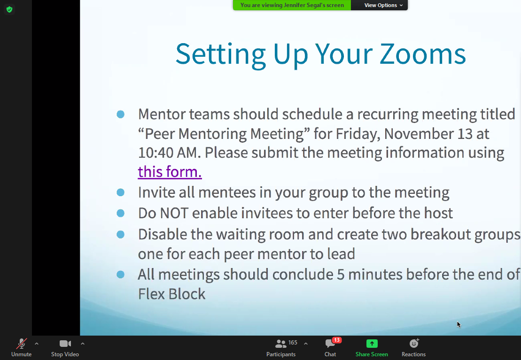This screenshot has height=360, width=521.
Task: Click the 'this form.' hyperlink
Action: coord(170,172)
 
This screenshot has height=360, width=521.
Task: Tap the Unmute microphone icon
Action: coord(22,344)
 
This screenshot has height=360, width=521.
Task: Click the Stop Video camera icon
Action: coord(65,344)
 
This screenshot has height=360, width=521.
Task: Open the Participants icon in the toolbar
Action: coord(281,344)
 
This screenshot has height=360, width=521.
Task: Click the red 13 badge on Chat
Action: coord(337,340)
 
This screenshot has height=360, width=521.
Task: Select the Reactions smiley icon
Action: coord(414,344)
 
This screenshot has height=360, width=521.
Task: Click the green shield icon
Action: coord(9,10)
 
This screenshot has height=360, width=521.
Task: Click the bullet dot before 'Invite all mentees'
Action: coord(121,192)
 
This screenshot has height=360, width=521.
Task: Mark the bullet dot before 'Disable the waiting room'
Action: coord(121,235)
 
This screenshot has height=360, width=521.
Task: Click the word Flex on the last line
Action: coord(151,294)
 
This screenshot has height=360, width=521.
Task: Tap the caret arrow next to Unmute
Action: coord(37,344)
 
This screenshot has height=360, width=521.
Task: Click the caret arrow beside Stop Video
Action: coord(82,344)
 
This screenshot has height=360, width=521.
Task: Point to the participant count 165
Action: coord(293,342)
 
